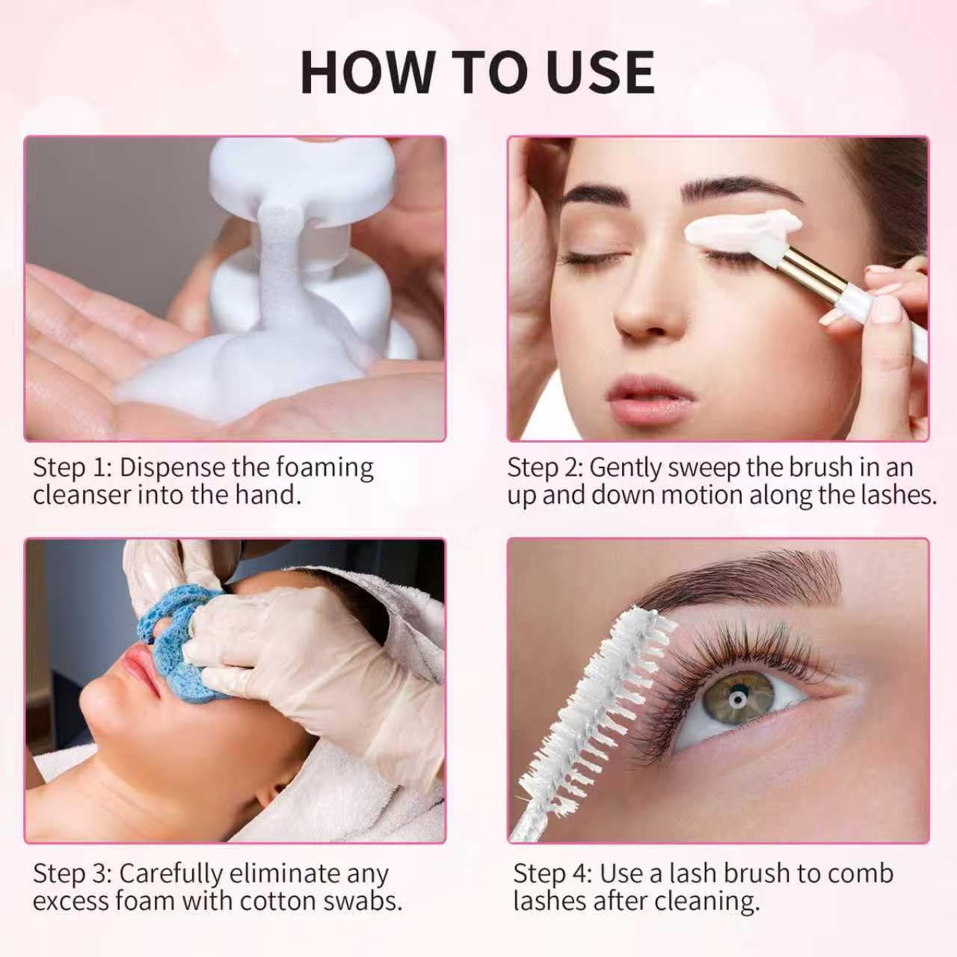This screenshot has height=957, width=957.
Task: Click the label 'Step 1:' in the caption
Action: tap(72, 467)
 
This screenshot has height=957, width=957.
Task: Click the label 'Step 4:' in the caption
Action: tap(553, 874)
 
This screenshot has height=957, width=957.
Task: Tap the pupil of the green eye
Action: tap(736, 699)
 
